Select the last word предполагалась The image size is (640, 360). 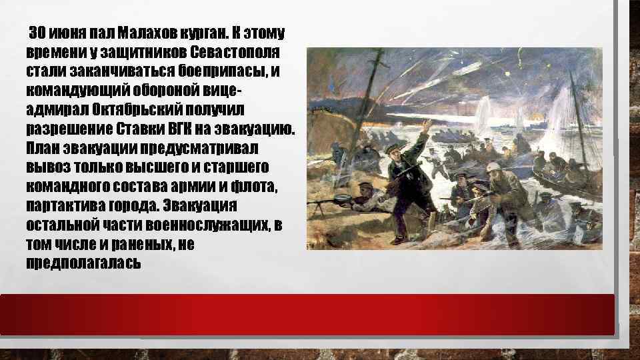(x=83, y=262)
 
